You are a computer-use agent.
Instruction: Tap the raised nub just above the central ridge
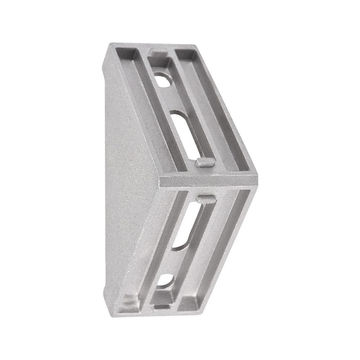point(205,162)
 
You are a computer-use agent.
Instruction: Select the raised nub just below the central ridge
point(206,198)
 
